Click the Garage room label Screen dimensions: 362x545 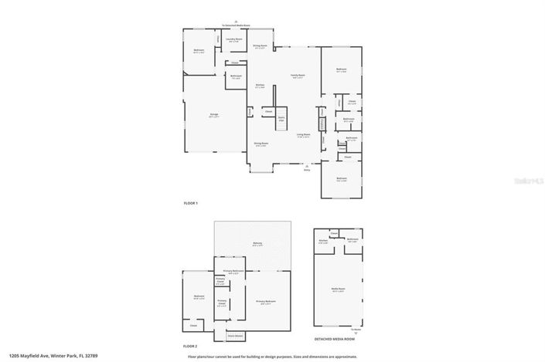[214, 115]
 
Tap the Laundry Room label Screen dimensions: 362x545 [234, 39]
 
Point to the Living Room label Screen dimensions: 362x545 [304, 135]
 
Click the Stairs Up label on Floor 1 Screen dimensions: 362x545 [281, 118]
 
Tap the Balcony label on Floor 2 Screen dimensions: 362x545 [257, 244]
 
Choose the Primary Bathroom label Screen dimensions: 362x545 [233, 272]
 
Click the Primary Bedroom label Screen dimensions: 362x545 [266, 302]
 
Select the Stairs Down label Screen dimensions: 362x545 [235, 336]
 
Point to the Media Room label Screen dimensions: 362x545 [338, 290]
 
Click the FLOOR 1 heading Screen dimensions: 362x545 [191, 203]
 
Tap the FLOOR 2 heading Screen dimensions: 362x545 [191, 347]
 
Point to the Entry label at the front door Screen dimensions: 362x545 [306, 171]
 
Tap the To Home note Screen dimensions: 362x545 [355, 328]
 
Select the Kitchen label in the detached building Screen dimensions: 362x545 [324, 241]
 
